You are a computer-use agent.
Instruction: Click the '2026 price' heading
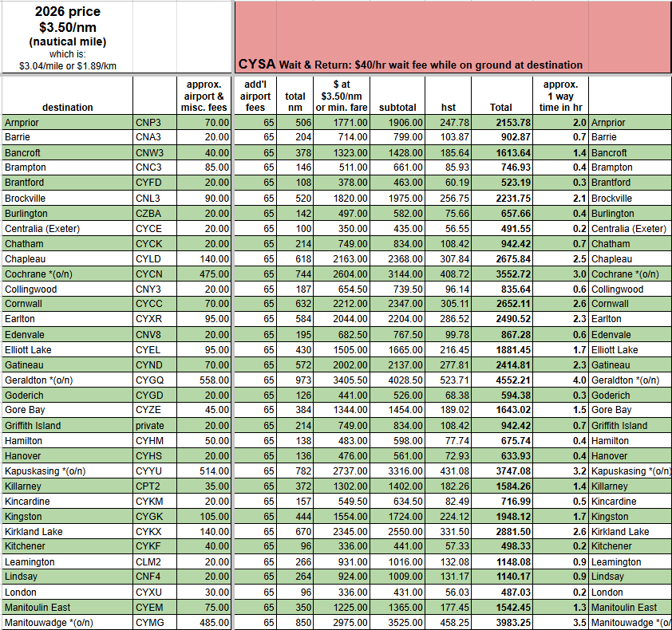tap(67, 13)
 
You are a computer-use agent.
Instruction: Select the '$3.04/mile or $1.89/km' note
tap(67, 65)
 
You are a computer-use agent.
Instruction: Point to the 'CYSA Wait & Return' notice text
tap(410, 65)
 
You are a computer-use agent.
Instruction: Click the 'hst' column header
tap(449, 107)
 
